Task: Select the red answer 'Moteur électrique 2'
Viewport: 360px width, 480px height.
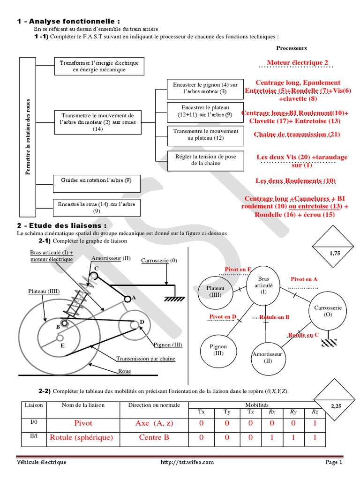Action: [x=298, y=62]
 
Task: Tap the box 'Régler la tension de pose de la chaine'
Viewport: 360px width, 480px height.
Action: [x=205, y=160]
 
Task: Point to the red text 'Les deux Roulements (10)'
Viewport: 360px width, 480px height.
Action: [x=295, y=180]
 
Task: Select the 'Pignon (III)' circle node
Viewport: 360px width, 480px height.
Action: [x=218, y=350]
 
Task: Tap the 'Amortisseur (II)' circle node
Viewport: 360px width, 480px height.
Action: [x=268, y=357]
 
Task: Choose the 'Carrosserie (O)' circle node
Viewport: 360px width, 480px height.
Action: [x=327, y=311]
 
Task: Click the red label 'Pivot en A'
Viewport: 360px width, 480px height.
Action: [x=304, y=279]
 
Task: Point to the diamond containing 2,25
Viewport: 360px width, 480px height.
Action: [x=336, y=407]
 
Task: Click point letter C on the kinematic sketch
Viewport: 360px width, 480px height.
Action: [x=96, y=268]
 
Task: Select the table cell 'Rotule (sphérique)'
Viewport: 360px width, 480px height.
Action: [x=81, y=437]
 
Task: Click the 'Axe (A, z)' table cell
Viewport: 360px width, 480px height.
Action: [x=154, y=423]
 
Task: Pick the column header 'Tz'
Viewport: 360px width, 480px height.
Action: [x=251, y=412]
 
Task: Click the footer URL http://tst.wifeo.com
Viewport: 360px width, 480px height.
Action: [x=187, y=462]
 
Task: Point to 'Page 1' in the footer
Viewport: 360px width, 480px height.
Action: [x=334, y=462]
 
